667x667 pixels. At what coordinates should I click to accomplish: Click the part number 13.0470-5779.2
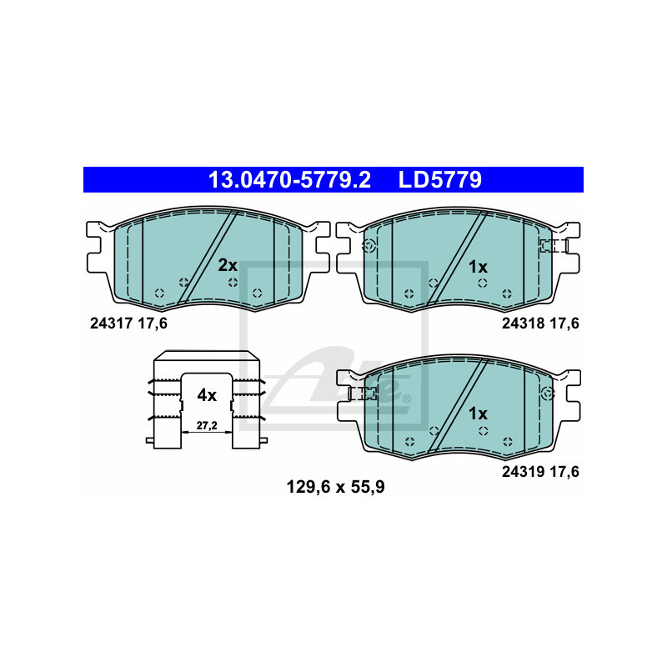(289, 180)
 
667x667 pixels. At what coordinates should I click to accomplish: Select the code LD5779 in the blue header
(440, 180)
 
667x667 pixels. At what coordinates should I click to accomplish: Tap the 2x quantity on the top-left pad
(228, 265)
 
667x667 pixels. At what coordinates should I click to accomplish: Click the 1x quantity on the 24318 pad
(478, 267)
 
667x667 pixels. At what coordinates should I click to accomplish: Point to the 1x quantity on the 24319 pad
(478, 414)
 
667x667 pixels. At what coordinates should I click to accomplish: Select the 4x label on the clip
(207, 395)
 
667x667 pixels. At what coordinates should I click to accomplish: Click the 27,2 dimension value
(207, 425)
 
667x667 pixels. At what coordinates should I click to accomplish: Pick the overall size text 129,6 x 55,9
(336, 487)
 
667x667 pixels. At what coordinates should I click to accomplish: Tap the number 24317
(112, 323)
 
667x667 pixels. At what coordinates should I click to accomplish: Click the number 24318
(524, 323)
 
